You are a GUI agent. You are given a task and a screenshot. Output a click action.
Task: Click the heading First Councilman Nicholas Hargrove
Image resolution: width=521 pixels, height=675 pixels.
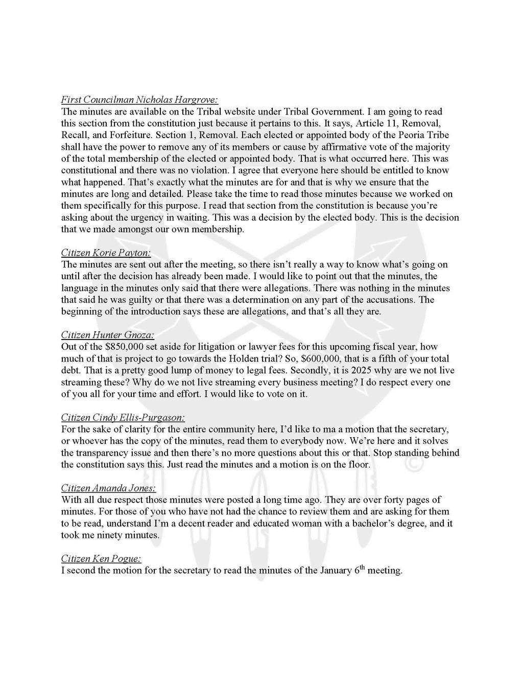pos(140,99)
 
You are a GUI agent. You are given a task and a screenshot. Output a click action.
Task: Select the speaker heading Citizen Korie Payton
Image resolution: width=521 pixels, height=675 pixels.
pos(106,253)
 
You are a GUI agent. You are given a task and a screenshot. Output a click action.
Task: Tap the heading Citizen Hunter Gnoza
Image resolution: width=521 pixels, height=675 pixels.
pos(107,335)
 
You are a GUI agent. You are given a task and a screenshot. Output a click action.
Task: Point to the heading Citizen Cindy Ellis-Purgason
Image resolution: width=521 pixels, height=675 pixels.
pos(123,417)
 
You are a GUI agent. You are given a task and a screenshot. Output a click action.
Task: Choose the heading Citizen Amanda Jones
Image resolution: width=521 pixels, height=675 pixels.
pos(108,488)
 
